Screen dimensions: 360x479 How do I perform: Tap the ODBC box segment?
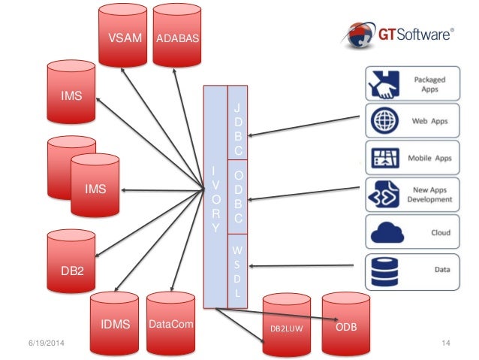[238, 198]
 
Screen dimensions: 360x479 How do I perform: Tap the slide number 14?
[446, 343]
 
